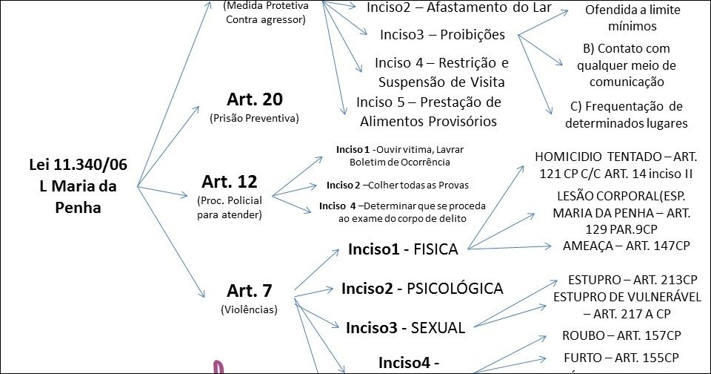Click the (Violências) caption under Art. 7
tap(249, 309)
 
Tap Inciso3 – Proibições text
tap(442, 35)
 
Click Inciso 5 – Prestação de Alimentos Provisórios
tap(428, 111)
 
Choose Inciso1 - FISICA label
tap(403, 249)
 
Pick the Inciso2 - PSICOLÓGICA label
tap(422, 289)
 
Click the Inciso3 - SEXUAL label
tap(406, 327)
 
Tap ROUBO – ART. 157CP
tap(621, 335)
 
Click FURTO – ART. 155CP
tap(621, 356)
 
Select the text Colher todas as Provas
tap(408, 185)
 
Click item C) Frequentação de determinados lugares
tap(626, 115)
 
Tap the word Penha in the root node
tap(78, 209)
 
